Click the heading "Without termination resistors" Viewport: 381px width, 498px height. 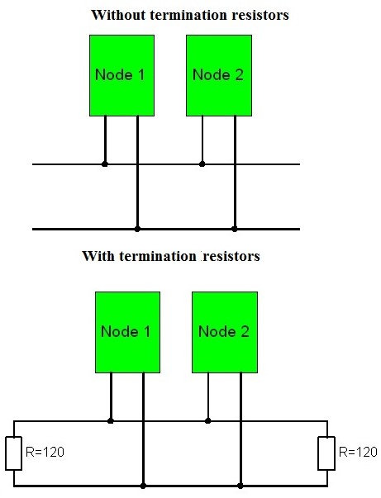coord(189,16)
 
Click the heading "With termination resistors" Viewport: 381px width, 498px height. coord(170,256)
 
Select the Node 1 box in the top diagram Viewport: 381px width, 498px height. coord(121,75)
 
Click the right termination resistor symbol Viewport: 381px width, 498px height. coord(325,452)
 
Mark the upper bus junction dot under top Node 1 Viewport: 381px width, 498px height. coord(105,164)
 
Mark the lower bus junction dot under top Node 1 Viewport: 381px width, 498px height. coord(137,228)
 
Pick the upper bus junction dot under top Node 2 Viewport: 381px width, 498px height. coord(202,164)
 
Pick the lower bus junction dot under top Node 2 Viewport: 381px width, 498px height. coord(235,228)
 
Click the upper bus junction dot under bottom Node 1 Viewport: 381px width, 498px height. coord(111,420)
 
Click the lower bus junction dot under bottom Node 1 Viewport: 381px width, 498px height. coord(143,485)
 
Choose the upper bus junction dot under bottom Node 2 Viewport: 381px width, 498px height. coord(208,420)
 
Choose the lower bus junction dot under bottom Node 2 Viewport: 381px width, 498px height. coord(241,485)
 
